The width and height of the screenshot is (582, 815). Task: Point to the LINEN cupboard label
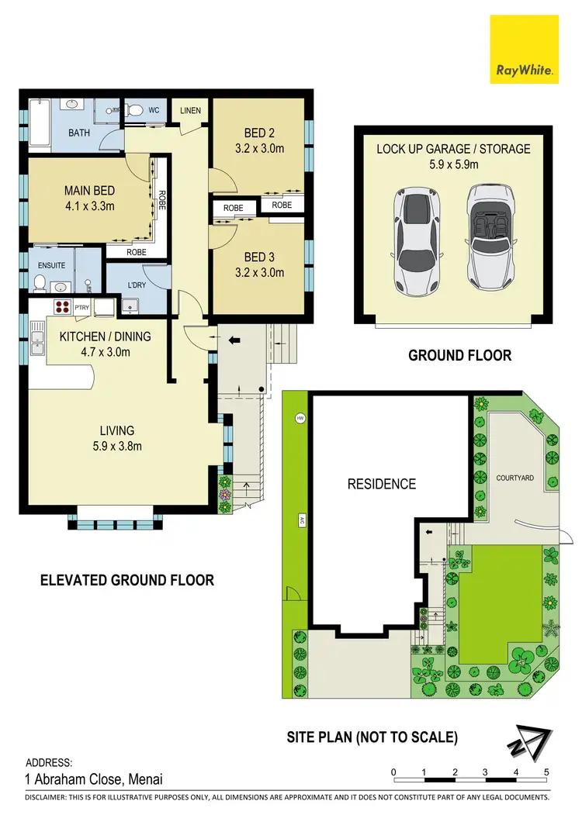(190, 111)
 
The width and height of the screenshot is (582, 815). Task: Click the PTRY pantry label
(81, 309)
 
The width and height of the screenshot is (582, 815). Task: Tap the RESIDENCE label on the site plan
(381, 484)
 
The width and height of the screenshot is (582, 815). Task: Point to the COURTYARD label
(514, 478)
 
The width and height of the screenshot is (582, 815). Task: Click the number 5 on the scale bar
(546, 772)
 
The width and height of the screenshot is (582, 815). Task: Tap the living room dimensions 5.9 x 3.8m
(116, 446)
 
